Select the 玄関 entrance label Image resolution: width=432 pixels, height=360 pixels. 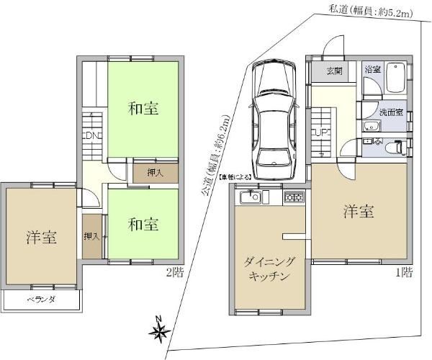click(x=334, y=71)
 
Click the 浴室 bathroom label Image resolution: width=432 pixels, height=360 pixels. click(x=372, y=70)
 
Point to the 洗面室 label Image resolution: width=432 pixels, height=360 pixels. click(x=392, y=112)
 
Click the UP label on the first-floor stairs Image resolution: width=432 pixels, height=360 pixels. click(x=320, y=132)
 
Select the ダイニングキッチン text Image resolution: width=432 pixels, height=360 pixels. click(x=269, y=270)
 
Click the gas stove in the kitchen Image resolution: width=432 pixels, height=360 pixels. click(x=294, y=197)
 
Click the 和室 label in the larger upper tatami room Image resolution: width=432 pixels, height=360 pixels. click(x=143, y=109)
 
